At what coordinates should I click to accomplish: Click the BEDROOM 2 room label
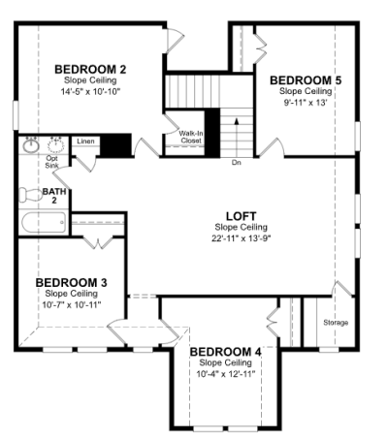90,70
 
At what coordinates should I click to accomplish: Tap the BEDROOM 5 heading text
306,80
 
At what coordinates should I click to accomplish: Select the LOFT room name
242,216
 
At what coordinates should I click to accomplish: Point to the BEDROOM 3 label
71,283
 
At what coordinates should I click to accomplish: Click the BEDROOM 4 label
225,352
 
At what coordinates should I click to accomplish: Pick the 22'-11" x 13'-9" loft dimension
242,238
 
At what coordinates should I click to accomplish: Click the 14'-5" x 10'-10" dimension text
90,92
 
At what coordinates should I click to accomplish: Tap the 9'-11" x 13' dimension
306,103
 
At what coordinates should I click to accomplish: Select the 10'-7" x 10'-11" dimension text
72,305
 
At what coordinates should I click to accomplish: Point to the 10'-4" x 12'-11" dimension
226,374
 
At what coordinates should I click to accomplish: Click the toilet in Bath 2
31,195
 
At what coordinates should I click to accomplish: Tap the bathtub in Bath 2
44,222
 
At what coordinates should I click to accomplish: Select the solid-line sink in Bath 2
31,146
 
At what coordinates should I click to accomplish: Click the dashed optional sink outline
56,145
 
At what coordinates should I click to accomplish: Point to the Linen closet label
85,141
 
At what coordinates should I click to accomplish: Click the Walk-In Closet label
191,137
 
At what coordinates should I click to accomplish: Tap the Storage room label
336,323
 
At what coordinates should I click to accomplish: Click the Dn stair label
237,163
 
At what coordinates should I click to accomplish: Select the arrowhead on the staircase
237,121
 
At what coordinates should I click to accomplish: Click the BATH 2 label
54,196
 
